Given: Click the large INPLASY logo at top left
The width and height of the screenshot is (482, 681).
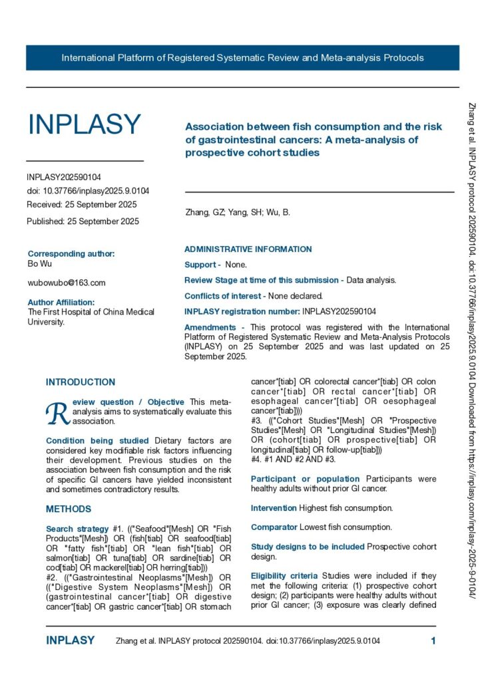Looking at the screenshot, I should click(84, 124).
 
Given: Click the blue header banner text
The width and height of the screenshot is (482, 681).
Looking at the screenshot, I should click(242, 58).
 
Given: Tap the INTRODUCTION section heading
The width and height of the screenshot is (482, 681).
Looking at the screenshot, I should click(81, 382).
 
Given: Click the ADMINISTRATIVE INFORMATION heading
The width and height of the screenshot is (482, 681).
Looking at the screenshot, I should click(248, 249).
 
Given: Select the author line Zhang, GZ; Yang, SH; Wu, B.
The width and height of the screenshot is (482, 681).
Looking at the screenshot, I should click(237, 213).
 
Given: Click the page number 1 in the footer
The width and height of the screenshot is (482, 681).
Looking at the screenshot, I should click(433, 641).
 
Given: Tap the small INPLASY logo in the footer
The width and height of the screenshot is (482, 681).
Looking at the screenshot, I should click(70, 641).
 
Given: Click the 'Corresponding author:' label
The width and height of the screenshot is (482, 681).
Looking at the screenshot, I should click(71, 253).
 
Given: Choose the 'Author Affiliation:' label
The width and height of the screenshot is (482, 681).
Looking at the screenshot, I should click(66, 302).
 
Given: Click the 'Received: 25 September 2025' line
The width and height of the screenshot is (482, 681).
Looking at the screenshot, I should click(82, 204).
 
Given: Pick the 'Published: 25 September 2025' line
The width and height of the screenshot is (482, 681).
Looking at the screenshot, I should click(83, 221).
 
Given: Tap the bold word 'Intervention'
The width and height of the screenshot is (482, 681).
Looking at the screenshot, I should click(274, 508).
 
